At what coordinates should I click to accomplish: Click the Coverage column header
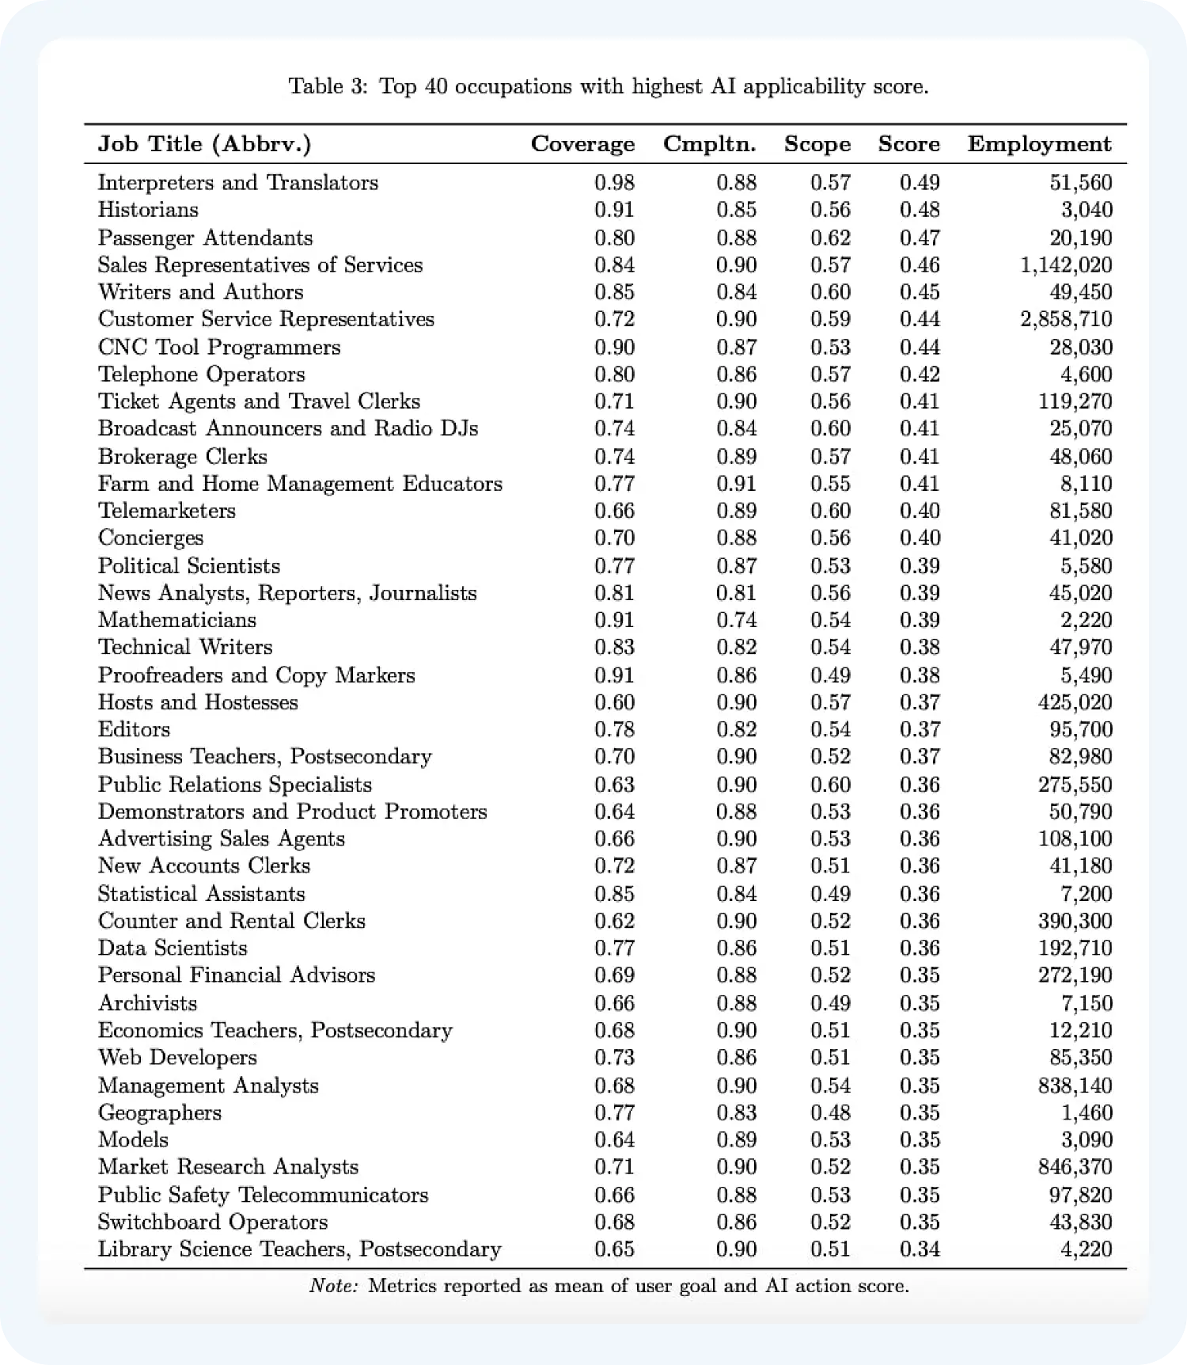pyautogui.click(x=582, y=144)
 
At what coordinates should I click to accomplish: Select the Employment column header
pyautogui.click(x=1039, y=144)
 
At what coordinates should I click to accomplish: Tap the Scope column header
pyautogui.click(x=817, y=144)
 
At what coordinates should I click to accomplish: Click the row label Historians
pyautogui.click(x=148, y=210)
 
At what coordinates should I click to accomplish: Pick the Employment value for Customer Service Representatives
pyautogui.click(x=1066, y=319)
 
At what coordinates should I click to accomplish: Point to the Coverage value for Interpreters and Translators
pyautogui.click(x=614, y=183)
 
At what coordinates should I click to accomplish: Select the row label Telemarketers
pyautogui.click(x=167, y=511)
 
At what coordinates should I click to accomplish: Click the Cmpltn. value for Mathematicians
pyautogui.click(x=736, y=620)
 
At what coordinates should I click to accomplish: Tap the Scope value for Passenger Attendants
pyautogui.click(x=830, y=238)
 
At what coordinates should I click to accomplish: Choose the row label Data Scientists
pyautogui.click(x=173, y=948)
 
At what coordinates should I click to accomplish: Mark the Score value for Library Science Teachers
pyautogui.click(x=920, y=1249)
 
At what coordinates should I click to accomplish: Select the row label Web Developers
pyautogui.click(x=177, y=1057)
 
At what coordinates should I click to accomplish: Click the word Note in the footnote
pyautogui.click(x=333, y=1286)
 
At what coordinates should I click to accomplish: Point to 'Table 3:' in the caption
pyautogui.click(x=328, y=86)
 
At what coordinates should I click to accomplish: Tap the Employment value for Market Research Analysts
pyautogui.click(x=1075, y=1166)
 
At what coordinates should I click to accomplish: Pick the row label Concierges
pyautogui.click(x=150, y=538)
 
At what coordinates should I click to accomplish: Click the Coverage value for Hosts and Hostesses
pyautogui.click(x=614, y=702)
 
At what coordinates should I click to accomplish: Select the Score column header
pyautogui.click(x=908, y=144)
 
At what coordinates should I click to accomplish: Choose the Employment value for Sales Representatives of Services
pyautogui.click(x=1066, y=265)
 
